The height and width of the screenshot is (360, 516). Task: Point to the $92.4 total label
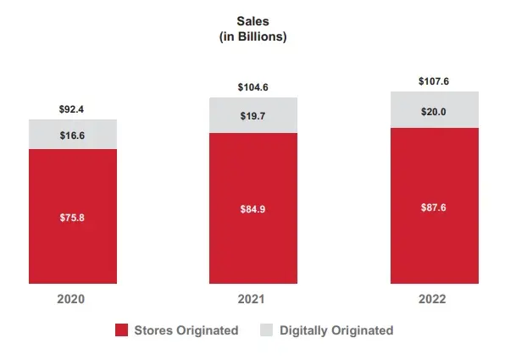pos(72,109)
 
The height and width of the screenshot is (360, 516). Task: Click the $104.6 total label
pos(253,87)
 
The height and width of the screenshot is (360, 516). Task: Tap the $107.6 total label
pos(435,81)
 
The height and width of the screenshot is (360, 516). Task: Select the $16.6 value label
pos(72,135)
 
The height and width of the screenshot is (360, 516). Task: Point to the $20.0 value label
pos(435,110)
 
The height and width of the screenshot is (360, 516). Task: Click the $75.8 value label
pos(72,217)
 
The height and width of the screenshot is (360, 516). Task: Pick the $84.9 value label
pos(253,208)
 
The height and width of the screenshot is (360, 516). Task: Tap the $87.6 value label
pos(435,206)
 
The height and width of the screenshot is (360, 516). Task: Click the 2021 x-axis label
pos(253,300)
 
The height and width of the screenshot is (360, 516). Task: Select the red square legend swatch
pos(121,330)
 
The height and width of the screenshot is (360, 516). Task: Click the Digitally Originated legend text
pos(336,330)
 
